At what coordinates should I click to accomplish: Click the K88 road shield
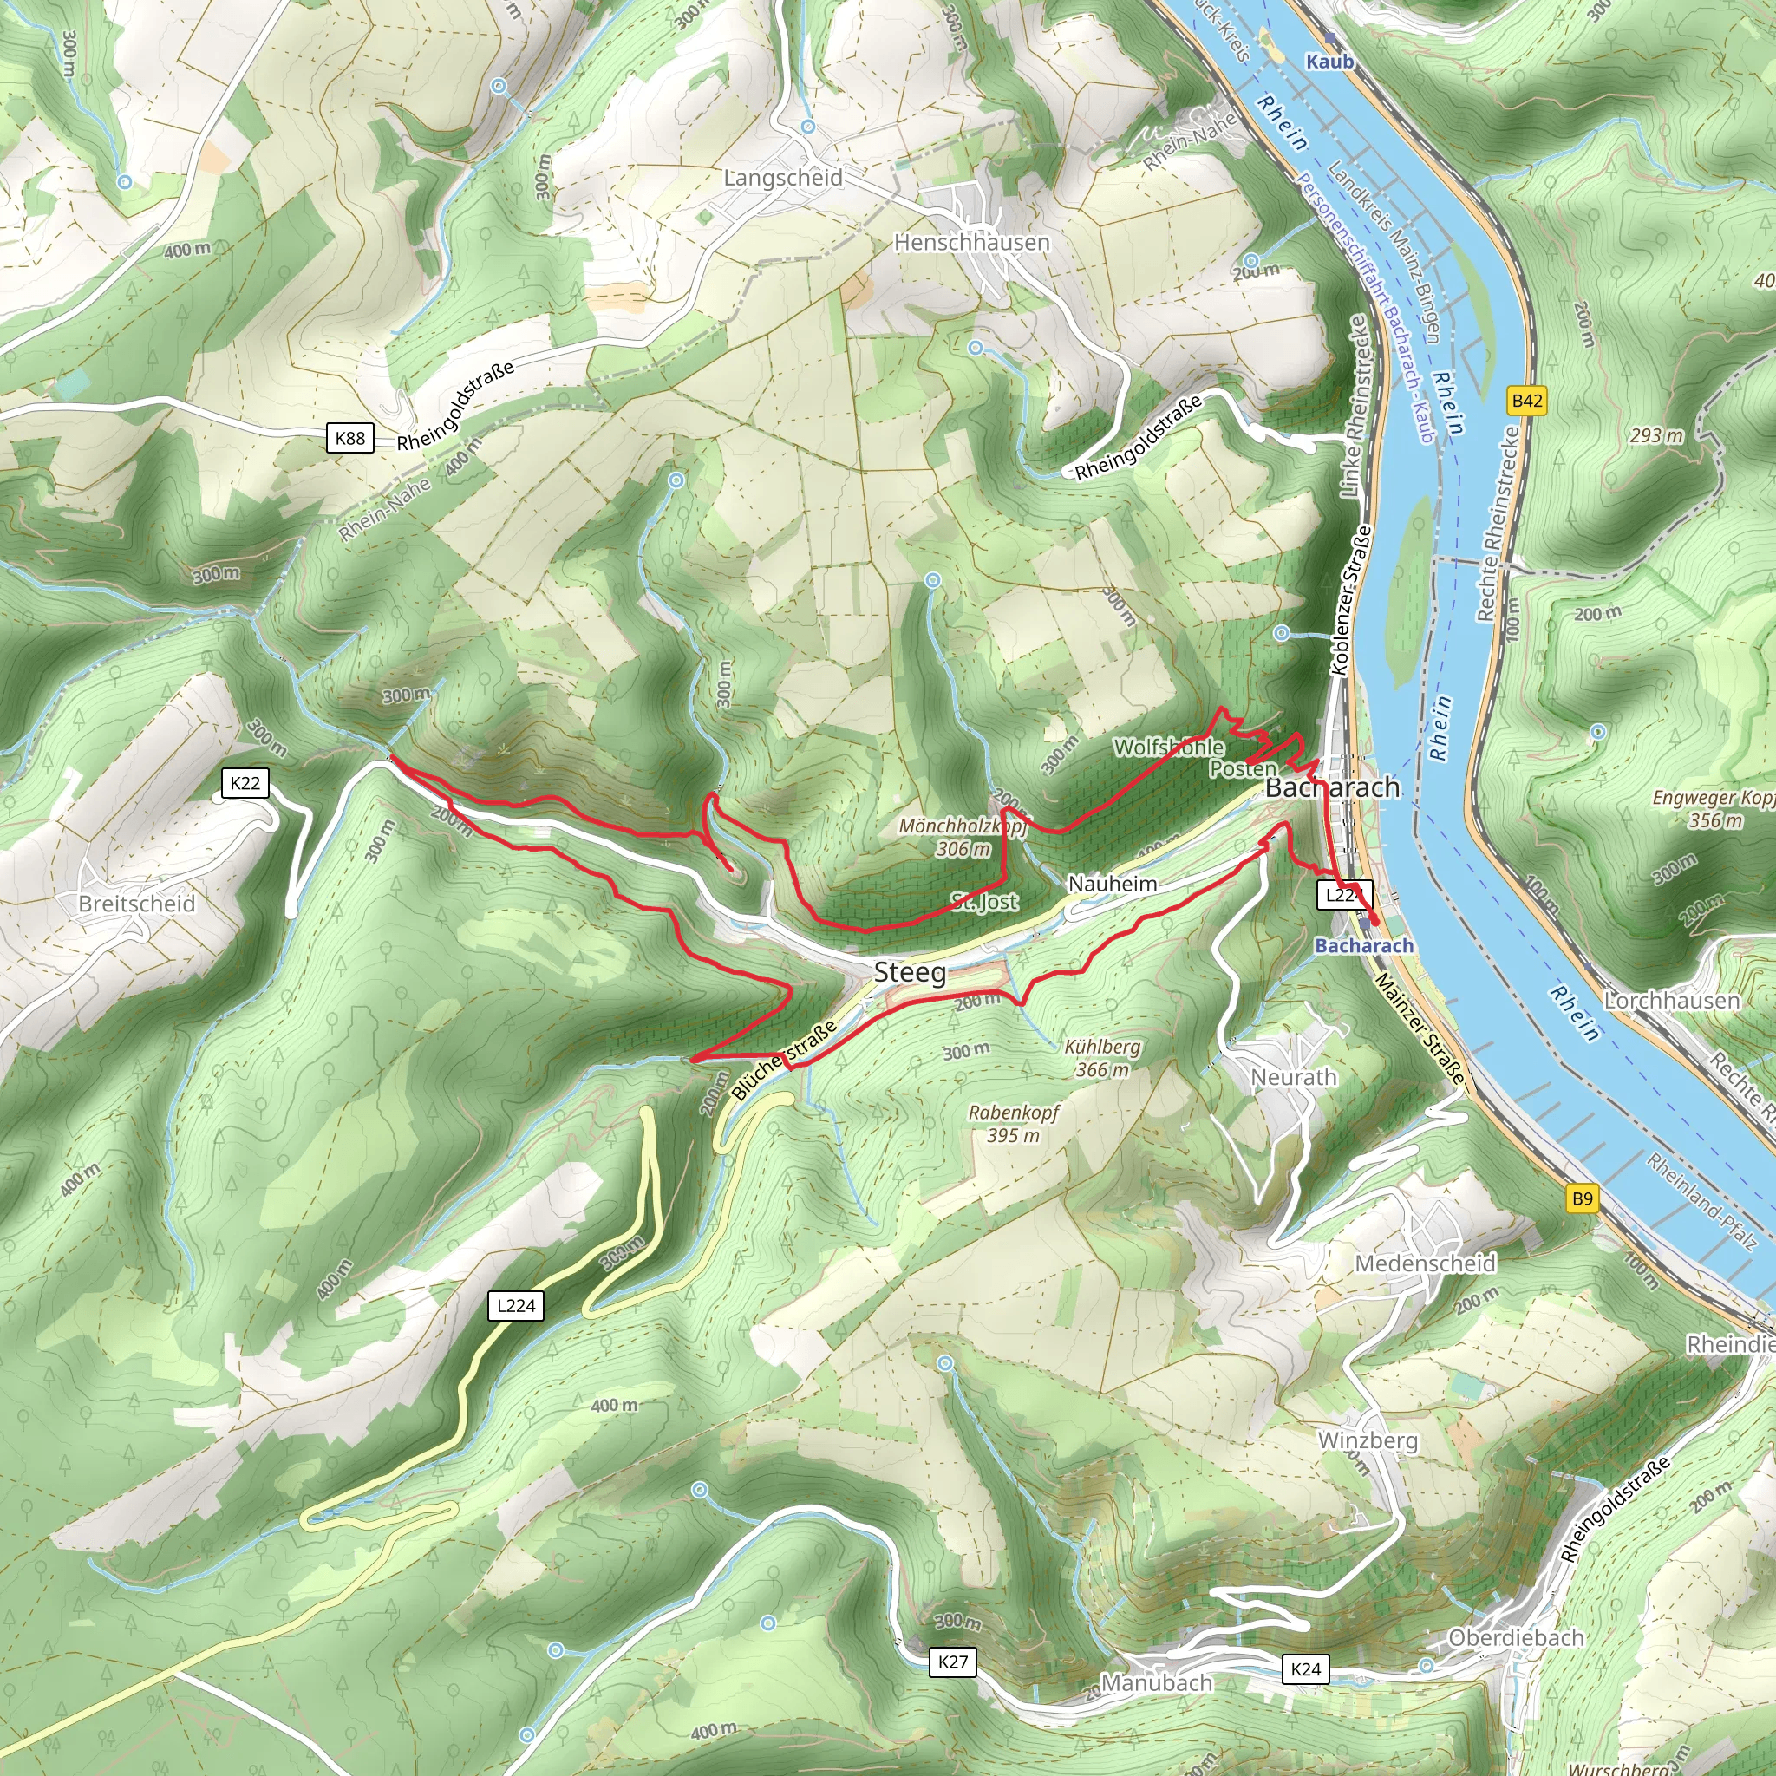coord(350,438)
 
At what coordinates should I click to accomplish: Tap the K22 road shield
coord(245,783)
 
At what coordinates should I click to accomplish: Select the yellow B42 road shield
coord(1527,400)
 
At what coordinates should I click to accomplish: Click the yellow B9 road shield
coord(1582,1198)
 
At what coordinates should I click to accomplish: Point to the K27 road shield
coord(952,1661)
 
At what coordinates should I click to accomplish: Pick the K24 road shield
coord(1305,1669)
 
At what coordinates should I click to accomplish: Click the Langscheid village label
coord(782,178)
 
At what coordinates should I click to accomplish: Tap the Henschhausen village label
coord(971,243)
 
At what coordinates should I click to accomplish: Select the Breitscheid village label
coord(137,904)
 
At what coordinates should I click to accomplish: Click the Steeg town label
coord(909,971)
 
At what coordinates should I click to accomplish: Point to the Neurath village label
coord(1293,1076)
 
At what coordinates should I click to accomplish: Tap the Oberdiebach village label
coord(1516,1637)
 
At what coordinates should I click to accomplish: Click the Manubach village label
coord(1157,1682)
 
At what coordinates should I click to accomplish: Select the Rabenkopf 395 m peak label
coord(1014,1123)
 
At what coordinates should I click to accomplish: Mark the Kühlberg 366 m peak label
coord(1102,1058)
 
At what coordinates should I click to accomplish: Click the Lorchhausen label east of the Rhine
coord(1671,1000)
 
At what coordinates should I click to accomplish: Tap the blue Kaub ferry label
coord(1329,61)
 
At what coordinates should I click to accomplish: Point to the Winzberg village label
coord(1367,1440)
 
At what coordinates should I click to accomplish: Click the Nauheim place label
coord(1113,884)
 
